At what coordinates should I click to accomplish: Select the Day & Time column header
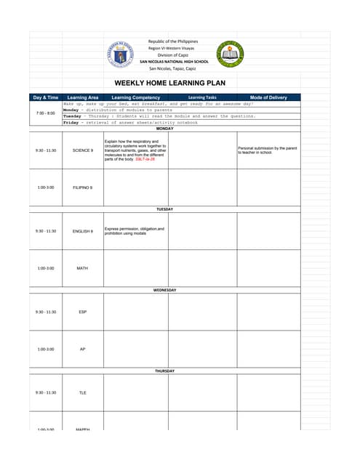[45, 97]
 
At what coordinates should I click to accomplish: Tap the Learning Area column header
[82, 97]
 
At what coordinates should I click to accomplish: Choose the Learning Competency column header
[136, 97]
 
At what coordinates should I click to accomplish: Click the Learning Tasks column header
[201, 97]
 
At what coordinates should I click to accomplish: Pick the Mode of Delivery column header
[268, 97]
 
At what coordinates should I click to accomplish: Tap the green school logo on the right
[230, 54]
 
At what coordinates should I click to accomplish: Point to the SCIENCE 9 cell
[82, 150]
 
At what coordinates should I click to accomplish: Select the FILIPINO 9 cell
[82, 187]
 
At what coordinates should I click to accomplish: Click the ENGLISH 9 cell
[82, 231]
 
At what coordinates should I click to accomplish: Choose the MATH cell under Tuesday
[82, 268]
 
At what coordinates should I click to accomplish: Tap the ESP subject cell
[82, 312]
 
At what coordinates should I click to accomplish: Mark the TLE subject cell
[82, 392]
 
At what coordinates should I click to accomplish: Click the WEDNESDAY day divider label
[164, 290]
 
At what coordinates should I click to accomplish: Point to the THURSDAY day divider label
[164, 371]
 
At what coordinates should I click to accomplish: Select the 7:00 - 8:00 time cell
[45, 113]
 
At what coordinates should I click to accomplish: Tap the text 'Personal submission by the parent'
[267, 148]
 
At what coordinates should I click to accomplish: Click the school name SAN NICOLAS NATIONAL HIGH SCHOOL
[174, 62]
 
